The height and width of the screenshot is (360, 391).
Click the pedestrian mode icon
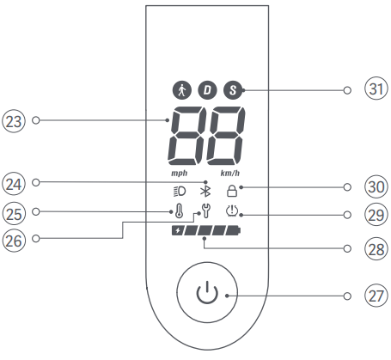tap(181, 90)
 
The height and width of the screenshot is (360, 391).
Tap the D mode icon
tap(207, 90)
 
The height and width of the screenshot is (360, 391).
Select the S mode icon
tap(233, 90)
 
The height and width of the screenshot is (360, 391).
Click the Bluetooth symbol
tap(205, 192)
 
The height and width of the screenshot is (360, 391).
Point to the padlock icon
tap(232, 191)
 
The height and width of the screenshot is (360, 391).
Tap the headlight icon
tap(180, 192)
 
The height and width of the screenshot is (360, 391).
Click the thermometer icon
tap(179, 211)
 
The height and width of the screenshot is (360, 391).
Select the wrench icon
tap(205, 211)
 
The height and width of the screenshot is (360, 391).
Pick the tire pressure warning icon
tap(232, 211)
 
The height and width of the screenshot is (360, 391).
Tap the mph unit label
tap(180, 174)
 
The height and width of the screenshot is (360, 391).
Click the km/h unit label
tap(230, 174)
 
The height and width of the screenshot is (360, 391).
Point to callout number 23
tap(14, 121)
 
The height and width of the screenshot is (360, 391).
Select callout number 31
tap(376, 88)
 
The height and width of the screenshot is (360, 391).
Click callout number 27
tap(376, 296)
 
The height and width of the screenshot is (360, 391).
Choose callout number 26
tap(14, 241)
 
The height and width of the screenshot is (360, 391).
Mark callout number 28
tap(376, 249)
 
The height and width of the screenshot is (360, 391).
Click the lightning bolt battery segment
tap(178, 230)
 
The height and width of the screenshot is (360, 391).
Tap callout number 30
tap(376, 186)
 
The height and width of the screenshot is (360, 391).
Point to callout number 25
tap(14, 214)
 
